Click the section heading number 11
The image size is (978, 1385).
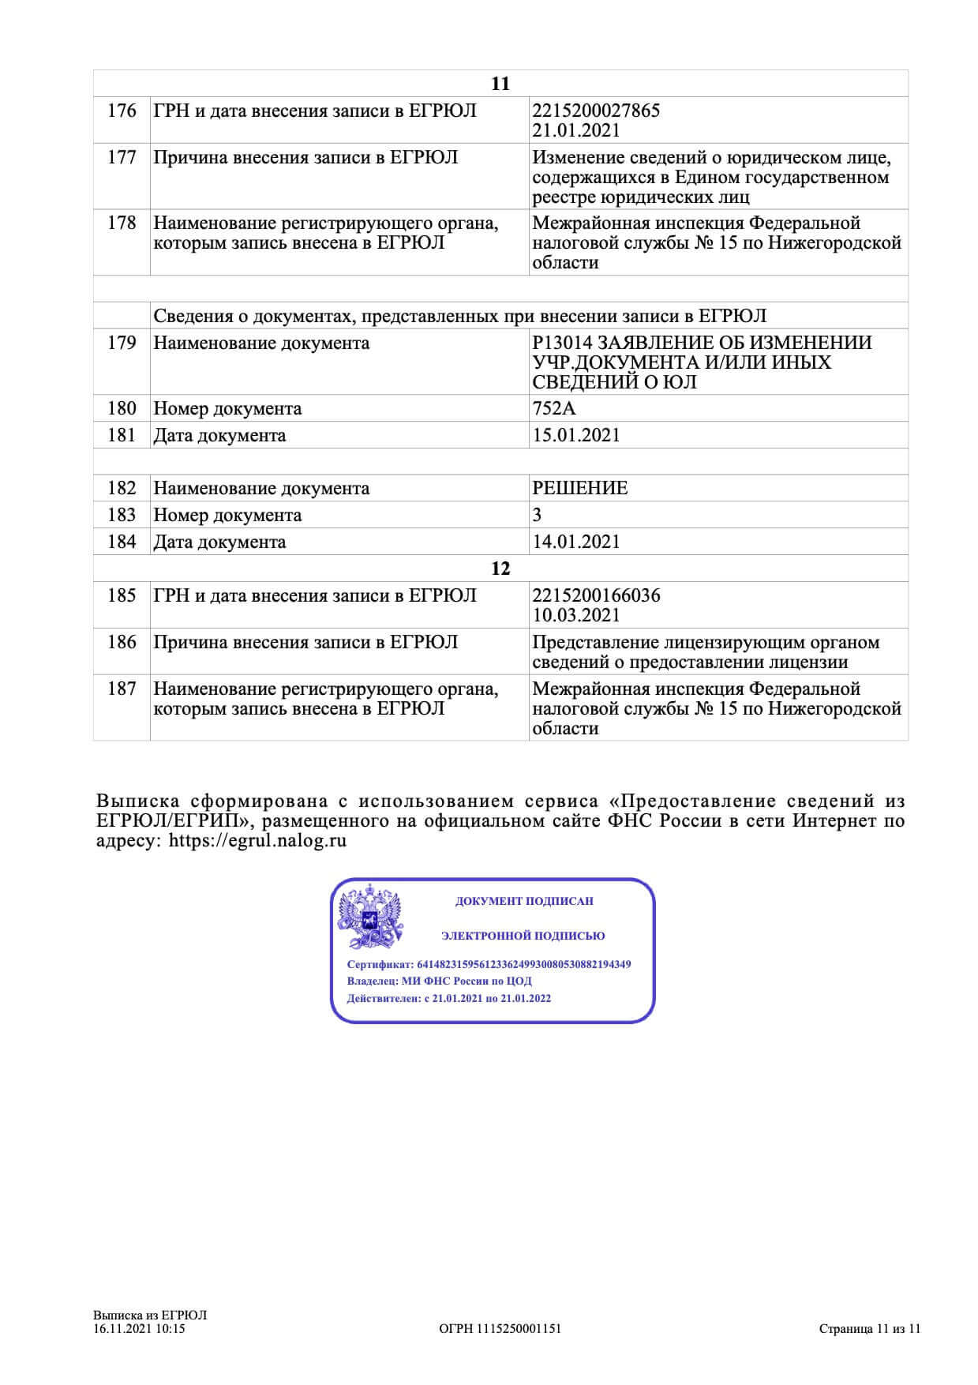[x=500, y=84]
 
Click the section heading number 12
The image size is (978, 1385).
[x=500, y=569]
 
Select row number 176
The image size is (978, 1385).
[x=122, y=111]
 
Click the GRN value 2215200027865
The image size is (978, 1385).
[x=596, y=111]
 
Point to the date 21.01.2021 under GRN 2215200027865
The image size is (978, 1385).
[x=576, y=131]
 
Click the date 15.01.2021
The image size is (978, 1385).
[x=576, y=436]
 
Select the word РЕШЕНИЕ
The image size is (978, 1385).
[x=580, y=489]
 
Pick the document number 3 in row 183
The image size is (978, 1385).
[x=538, y=516]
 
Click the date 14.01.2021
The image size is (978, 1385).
[x=576, y=542]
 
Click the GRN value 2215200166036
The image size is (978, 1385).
[x=596, y=596]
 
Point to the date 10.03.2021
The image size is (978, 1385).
[x=576, y=616]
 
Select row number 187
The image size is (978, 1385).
[x=122, y=689]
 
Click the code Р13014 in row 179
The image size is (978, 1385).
[x=562, y=343]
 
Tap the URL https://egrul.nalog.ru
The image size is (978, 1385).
[x=258, y=841]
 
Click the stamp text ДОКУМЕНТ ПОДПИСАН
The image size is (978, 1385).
[x=524, y=901]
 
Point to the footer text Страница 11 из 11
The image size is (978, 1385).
[x=870, y=1329]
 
